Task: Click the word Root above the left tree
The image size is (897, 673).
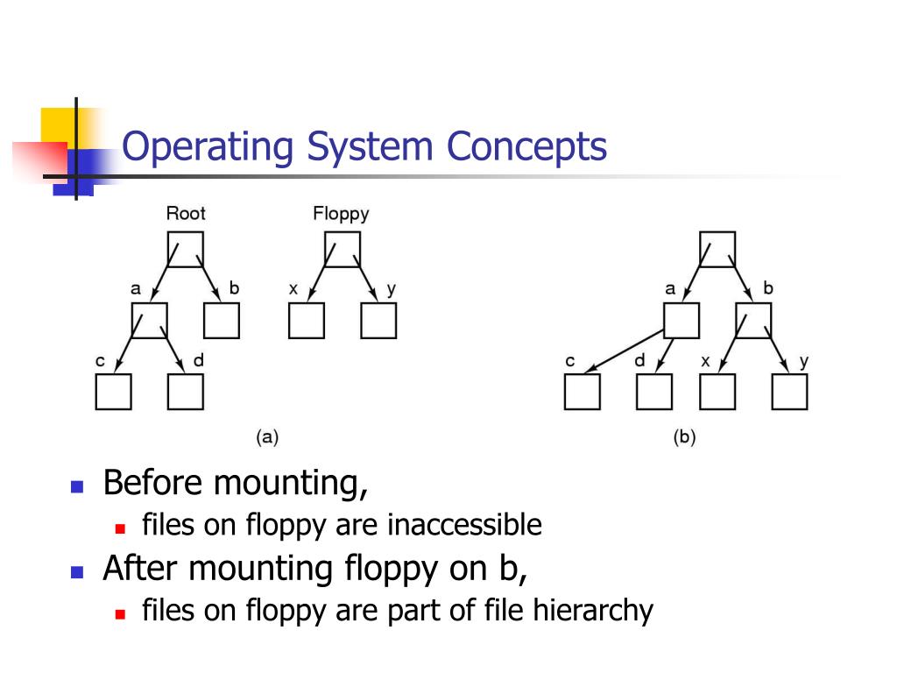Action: pos(186,213)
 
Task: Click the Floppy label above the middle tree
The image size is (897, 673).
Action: pos(341,213)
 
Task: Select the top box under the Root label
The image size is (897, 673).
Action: pos(185,248)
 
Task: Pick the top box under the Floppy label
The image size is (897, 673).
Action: pos(341,248)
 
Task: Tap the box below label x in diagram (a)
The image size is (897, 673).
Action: pos(306,321)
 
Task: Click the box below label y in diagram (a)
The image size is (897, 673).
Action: pos(378,321)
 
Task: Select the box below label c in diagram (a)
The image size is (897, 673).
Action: pos(113,392)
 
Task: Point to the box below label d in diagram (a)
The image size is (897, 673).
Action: pos(186,392)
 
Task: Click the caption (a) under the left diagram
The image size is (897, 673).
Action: pos(266,437)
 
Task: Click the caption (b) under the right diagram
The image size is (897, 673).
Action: pos(684,437)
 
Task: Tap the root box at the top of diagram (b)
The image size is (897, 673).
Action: pos(717,249)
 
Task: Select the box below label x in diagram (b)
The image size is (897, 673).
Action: pos(717,392)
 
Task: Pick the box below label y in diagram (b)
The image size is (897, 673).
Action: pos(789,392)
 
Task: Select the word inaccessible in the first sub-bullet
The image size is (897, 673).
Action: pos(465,526)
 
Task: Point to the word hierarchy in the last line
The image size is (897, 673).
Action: pos(593,611)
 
